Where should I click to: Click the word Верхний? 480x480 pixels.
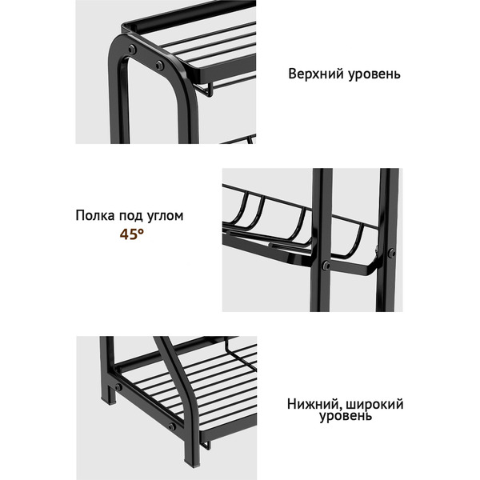tap(313, 74)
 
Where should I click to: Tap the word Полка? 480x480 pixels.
tap(96, 215)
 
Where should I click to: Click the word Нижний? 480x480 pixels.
tap(314, 404)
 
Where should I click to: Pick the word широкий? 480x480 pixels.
tap(374, 404)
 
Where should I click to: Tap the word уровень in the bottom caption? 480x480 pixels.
tap(346, 418)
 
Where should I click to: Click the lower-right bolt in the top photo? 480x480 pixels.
tap(159, 65)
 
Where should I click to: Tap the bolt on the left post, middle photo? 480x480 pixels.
tap(326, 266)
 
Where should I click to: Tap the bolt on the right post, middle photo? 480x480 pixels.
tap(391, 254)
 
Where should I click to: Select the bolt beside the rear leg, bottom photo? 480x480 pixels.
tap(118, 387)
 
